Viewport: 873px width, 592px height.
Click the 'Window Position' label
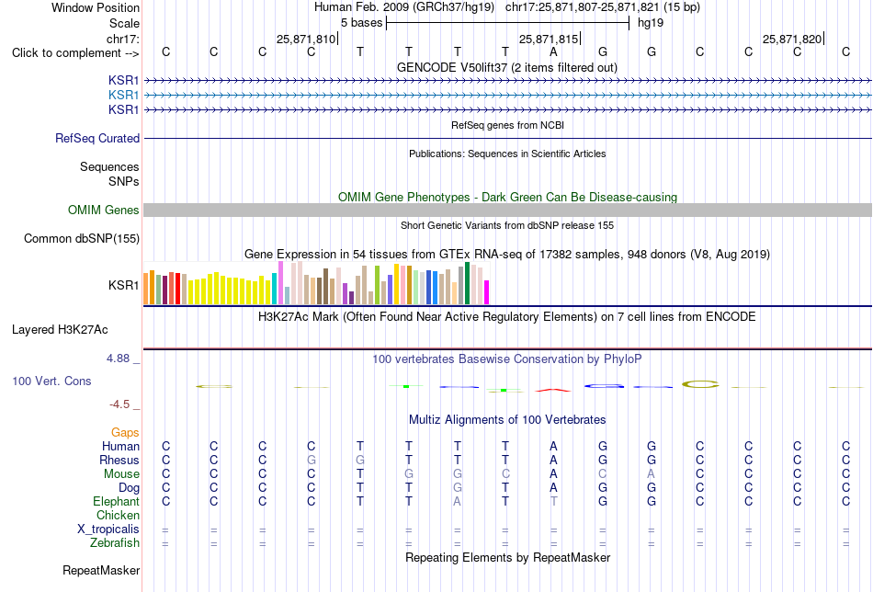(96, 7)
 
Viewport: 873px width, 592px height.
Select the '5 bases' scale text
(361, 23)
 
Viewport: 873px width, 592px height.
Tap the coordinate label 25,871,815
(549, 39)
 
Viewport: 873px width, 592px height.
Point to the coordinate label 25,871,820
(792, 39)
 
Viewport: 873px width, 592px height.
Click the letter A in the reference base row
(553, 51)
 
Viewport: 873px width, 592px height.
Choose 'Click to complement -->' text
(75, 53)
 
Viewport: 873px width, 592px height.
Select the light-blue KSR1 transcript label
(124, 96)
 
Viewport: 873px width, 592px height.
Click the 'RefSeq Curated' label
(97, 138)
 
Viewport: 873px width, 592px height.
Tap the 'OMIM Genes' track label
(104, 210)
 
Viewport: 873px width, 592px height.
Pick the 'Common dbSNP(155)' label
(82, 238)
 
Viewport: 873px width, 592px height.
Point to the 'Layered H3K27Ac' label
(60, 330)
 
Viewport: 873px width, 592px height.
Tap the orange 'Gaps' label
(125, 433)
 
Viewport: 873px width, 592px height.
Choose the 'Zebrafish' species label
(115, 543)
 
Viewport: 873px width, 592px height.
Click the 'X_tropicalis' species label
(108, 529)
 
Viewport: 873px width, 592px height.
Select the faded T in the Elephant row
(553, 501)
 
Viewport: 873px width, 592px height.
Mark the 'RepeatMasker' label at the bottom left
(101, 570)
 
